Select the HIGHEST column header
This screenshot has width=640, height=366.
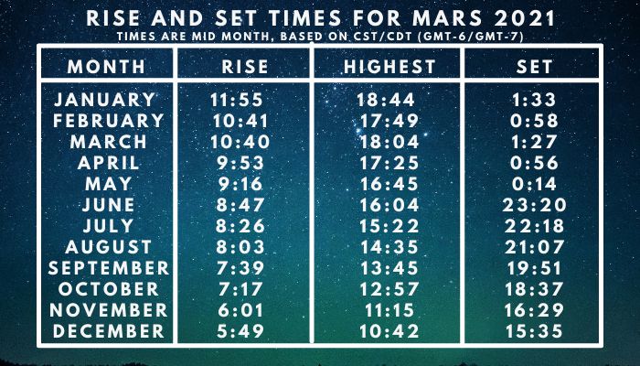tap(389, 67)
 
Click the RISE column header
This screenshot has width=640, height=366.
tap(245, 67)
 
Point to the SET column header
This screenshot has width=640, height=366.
tap(534, 67)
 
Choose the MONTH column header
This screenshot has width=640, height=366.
tap(106, 67)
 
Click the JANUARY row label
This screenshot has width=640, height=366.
tap(105, 100)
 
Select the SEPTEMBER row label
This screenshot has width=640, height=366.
tap(109, 268)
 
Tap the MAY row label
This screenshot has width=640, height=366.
tap(108, 184)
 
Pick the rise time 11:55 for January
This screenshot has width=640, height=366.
tap(237, 100)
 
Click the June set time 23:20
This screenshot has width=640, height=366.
tap(534, 205)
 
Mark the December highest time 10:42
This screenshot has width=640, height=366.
tap(389, 331)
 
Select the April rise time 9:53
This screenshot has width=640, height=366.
tap(240, 163)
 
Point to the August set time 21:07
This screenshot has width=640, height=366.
tap(534, 247)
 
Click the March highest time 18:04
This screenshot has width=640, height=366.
tap(389, 142)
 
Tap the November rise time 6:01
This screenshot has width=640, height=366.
tap(240, 310)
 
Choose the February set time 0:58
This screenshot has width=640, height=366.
tap(534, 121)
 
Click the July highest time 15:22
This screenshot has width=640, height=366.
tap(389, 226)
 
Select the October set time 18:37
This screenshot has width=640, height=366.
tap(534, 289)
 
